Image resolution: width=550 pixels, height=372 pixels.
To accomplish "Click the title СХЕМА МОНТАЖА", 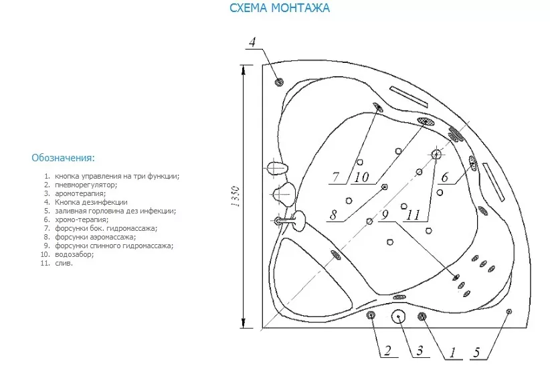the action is (280, 8).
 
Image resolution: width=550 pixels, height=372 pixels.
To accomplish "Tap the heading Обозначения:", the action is (63, 158).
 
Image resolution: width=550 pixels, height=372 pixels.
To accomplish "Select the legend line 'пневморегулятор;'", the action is (86, 185).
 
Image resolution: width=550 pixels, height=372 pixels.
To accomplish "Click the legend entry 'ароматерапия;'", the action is (80, 193).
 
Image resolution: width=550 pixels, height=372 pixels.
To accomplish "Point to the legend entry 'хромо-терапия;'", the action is (82, 220).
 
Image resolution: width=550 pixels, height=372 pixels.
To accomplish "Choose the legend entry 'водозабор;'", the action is (74, 254).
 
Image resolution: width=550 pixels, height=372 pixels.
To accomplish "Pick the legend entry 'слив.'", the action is (64, 263).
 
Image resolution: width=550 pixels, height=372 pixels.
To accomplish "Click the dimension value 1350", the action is (236, 196).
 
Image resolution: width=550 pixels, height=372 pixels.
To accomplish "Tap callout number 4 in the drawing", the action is (252, 42).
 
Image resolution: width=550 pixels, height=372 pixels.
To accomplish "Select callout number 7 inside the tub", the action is (336, 177).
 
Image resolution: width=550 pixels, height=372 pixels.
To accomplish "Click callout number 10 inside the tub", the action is (361, 177).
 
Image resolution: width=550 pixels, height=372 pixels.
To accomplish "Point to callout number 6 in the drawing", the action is (445, 177).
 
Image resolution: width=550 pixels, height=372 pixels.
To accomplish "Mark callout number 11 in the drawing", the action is (414, 215).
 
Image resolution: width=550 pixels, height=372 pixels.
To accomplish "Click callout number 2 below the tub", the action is (387, 351).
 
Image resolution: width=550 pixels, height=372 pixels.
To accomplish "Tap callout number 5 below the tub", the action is (476, 353).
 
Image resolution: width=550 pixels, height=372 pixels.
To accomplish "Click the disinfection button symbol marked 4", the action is (279, 82).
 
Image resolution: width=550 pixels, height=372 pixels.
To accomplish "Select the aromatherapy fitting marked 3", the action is (399, 316).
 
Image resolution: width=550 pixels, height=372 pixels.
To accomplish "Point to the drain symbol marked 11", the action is (436, 154).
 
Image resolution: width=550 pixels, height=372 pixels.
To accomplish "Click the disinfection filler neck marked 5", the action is (509, 311).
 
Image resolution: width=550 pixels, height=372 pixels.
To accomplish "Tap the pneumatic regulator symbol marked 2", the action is (371, 315).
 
